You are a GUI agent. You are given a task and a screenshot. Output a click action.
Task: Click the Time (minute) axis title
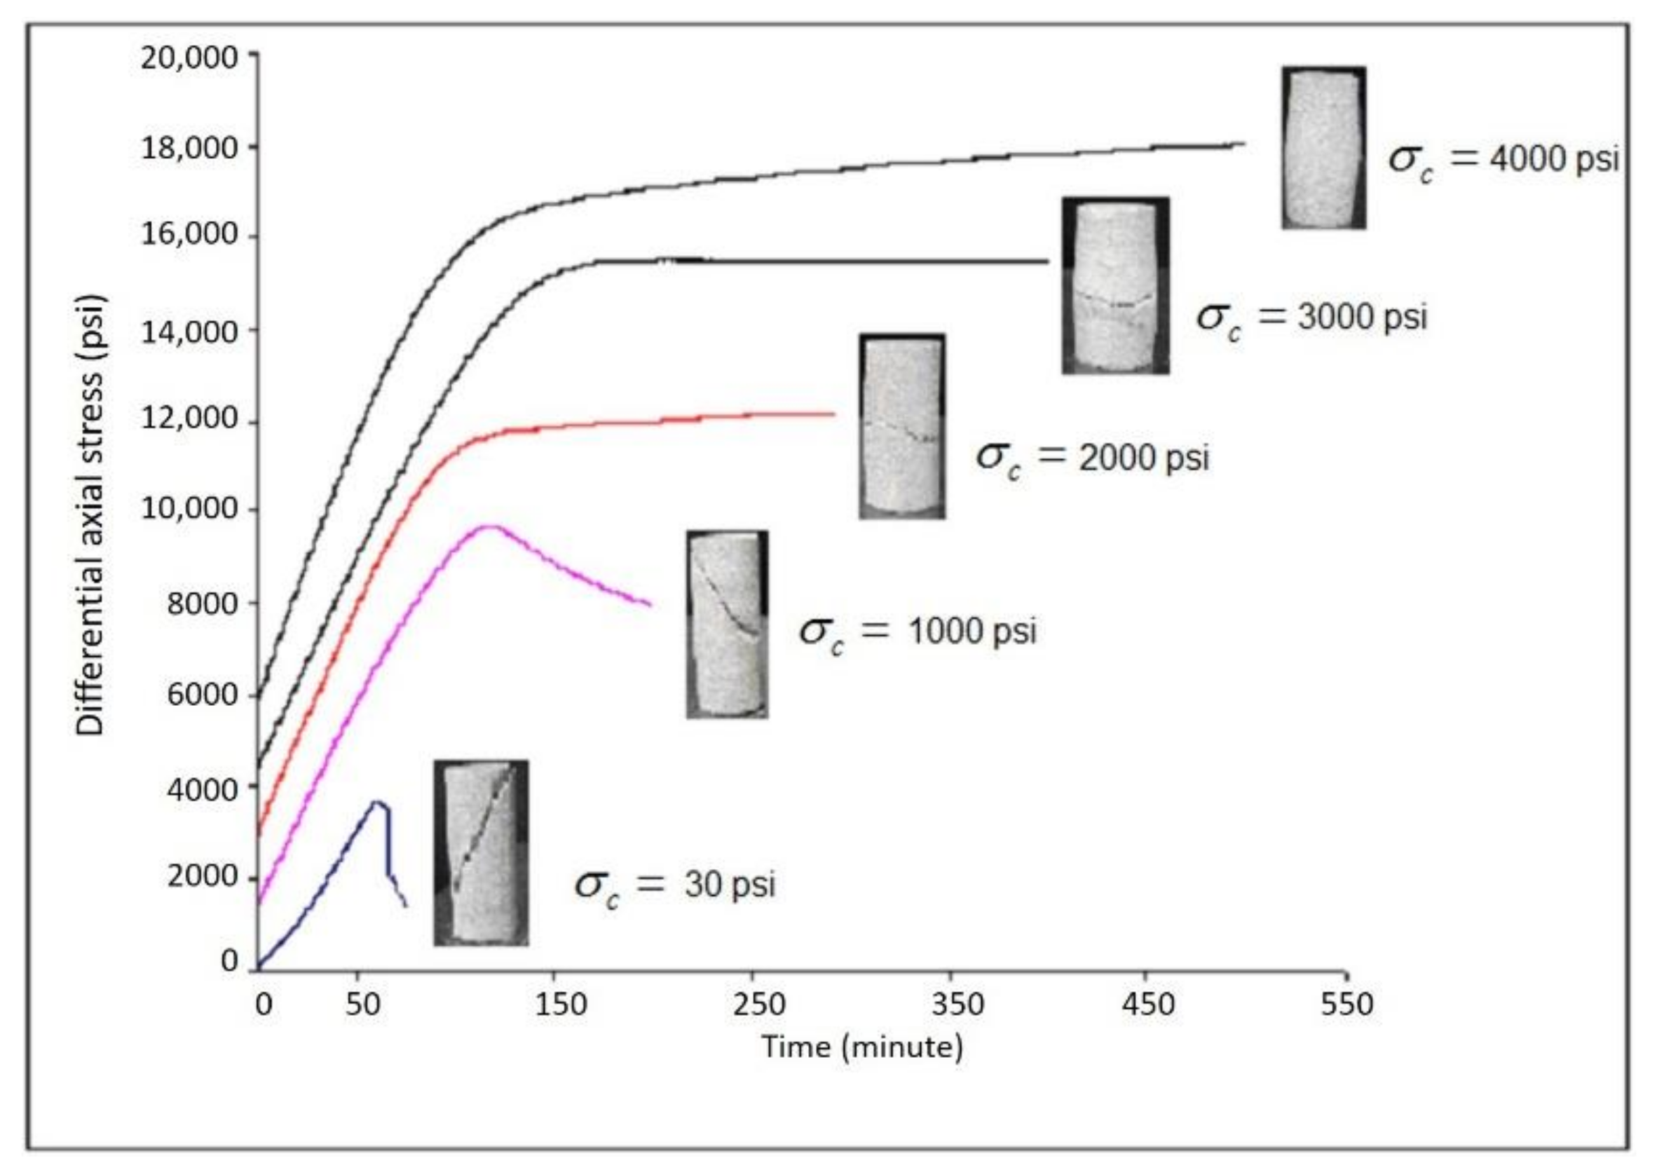[x=862, y=1047]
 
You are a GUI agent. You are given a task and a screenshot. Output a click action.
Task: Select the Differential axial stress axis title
[x=91, y=515]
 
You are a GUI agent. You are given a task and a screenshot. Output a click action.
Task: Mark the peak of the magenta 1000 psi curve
[x=490, y=526]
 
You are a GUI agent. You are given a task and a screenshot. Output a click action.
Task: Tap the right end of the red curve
[x=833, y=414]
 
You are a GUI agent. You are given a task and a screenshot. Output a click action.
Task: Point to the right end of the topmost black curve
[x=1244, y=143]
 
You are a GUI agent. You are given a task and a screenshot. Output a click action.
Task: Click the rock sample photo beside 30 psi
[x=481, y=852]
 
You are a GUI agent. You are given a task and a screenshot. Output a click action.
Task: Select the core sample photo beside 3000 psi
[x=1115, y=285]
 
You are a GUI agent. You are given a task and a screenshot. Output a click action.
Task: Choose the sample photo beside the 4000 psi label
[x=1323, y=148]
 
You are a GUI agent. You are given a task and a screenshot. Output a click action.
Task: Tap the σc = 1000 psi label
[x=918, y=632]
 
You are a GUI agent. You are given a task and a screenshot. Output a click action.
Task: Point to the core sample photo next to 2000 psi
[x=902, y=425]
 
